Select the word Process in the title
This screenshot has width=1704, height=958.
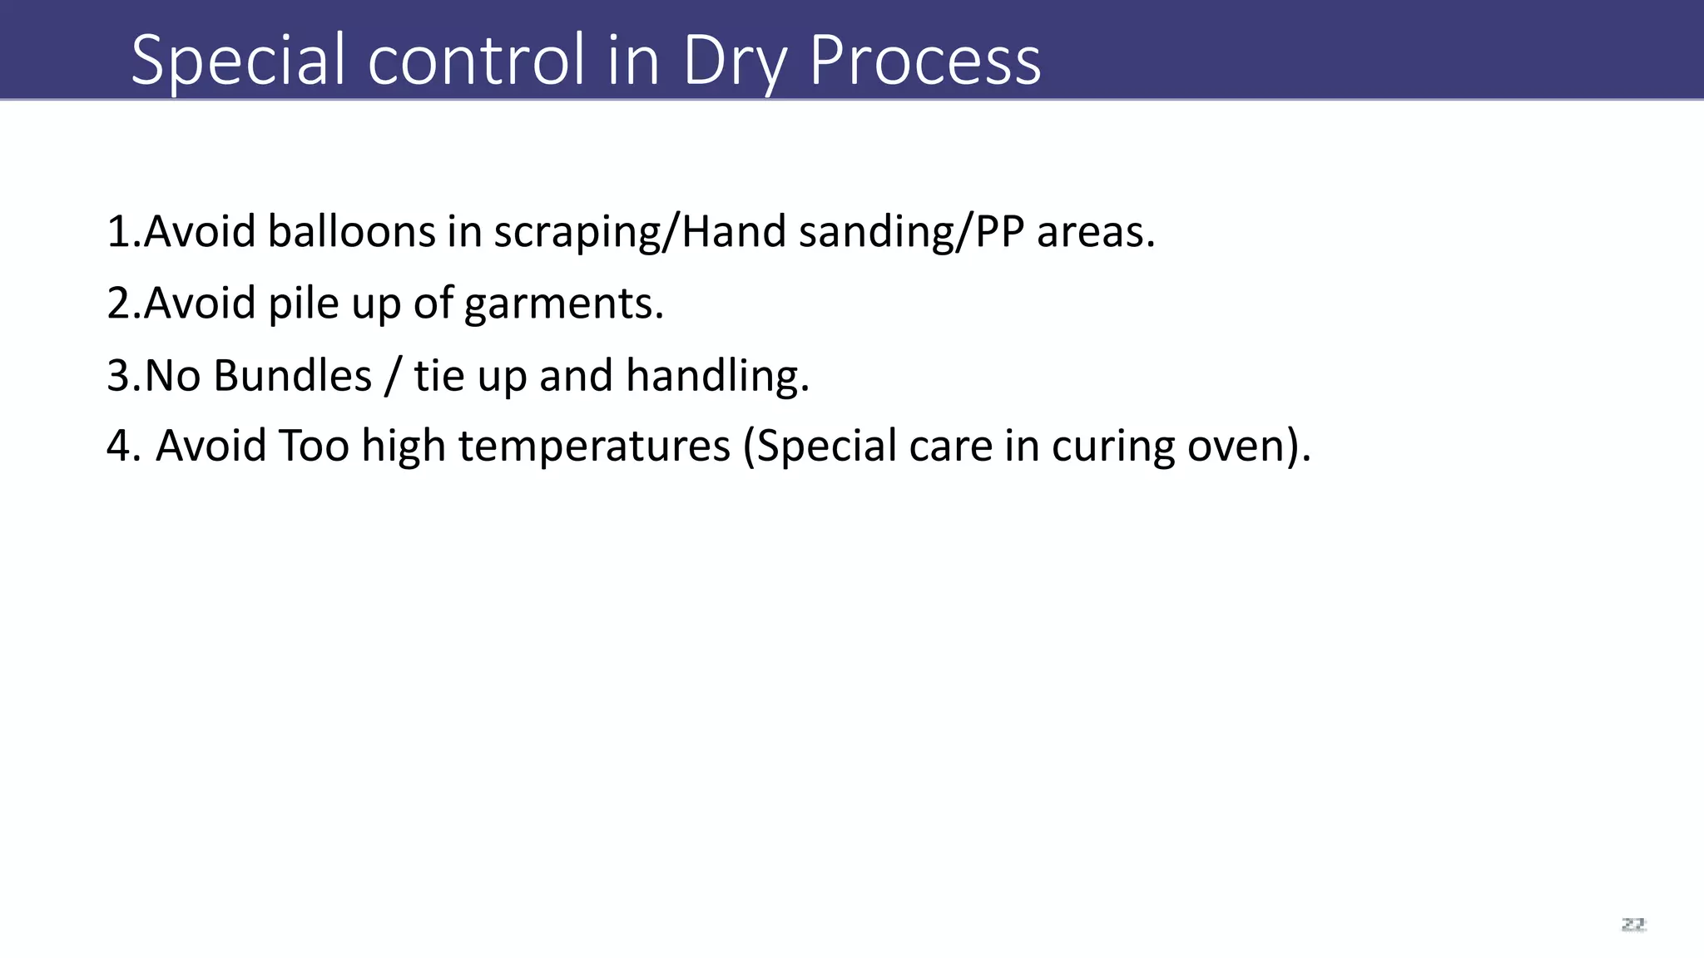tap(924, 60)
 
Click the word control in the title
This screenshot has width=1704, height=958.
tap(476, 60)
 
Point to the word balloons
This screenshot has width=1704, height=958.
tap(351, 231)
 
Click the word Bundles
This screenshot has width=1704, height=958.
tap(292, 375)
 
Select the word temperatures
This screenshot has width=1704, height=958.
tap(594, 446)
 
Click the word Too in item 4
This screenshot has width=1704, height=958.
tap(314, 446)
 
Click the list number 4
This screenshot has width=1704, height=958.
tap(118, 446)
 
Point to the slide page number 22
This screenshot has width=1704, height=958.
tap(1633, 925)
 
